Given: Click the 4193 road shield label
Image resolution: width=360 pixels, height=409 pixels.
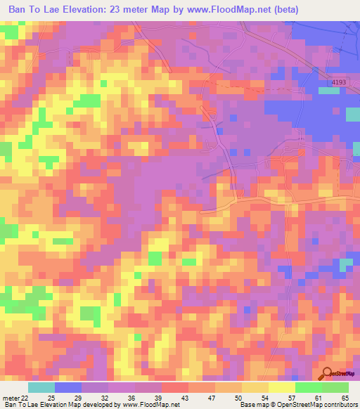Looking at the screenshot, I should click(x=338, y=83).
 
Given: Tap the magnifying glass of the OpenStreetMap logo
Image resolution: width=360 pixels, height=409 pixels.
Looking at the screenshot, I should click(x=326, y=373).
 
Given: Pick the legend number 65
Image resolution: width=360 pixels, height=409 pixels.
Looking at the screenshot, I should click(x=346, y=398).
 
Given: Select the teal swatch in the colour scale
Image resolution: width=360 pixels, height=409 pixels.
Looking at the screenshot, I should click(x=41, y=387).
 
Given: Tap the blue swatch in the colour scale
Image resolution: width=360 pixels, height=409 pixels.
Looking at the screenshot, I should click(x=68, y=387).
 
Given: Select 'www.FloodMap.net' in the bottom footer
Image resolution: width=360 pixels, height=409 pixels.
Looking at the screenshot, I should click(x=150, y=405).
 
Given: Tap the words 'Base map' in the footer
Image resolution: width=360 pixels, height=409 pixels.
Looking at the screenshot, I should click(x=254, y=405).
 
